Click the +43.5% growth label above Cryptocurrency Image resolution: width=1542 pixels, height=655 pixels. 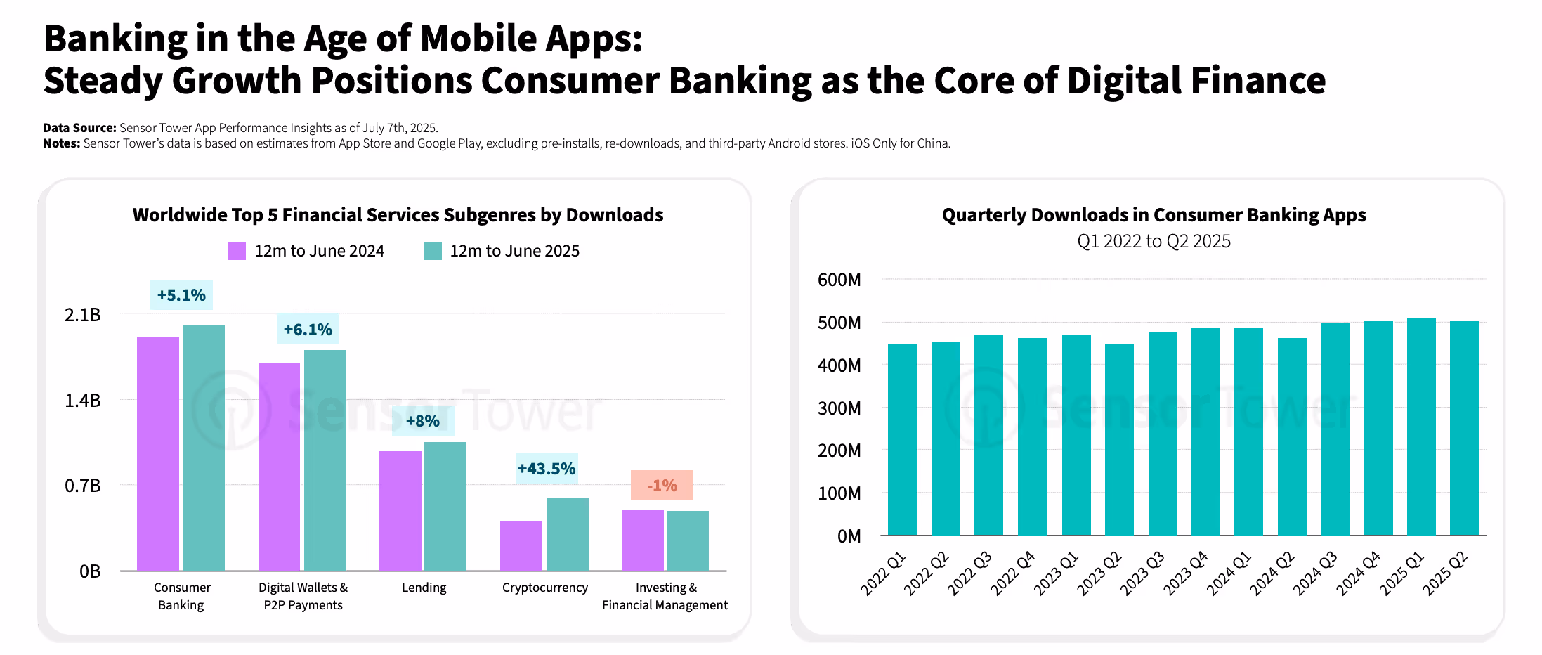[546, 469]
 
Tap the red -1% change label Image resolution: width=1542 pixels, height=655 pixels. [662, 486]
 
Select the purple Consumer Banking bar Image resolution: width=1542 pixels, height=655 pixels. [157, 453]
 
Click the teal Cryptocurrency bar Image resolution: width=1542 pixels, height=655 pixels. [567, 534]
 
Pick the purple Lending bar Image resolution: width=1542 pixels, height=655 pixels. [400, 510]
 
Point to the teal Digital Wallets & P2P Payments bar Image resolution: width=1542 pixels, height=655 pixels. [325, 460]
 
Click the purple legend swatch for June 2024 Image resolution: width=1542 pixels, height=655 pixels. [237, 251]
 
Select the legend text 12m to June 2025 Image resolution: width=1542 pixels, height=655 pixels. [514, 251]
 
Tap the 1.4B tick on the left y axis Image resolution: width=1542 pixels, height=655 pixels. [83, 401]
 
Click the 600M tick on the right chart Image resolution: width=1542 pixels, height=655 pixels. [839, 280]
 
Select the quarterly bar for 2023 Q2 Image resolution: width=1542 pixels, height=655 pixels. [1119, 439]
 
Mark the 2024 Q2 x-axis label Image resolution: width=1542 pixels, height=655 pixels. [1272, 574]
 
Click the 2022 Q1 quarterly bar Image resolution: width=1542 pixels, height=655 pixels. [902, 439]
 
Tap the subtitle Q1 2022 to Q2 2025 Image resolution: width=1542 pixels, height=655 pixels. [1154, 241]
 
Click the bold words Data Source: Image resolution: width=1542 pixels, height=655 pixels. [79, 128]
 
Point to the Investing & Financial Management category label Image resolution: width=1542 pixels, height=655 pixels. [665, 596]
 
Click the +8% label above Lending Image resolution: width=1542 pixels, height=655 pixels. [422, 421]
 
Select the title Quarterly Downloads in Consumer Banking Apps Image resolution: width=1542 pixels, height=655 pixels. [1154, 215]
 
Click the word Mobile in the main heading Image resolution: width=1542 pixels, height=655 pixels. [478, 39]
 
